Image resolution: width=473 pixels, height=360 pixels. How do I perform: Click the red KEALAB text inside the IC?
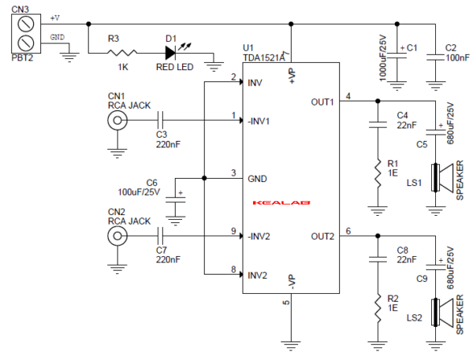tap(282, 202)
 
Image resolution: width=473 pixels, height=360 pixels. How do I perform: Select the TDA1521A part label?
tap(264, 58)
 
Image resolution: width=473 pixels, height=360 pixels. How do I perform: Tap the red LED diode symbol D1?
tap(171, 54)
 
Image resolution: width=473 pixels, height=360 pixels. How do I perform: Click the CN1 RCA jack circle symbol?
tap(117, 121)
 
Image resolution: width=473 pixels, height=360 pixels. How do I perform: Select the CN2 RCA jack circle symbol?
tap(117, 236)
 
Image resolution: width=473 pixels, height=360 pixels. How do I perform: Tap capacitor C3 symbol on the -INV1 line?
tap(162, 121)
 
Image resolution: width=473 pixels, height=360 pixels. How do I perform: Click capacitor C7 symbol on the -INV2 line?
tap(162, 236)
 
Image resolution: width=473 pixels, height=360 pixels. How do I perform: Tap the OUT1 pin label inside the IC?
tap(322, 102)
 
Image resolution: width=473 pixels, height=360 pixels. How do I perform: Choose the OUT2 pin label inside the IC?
tap(322, 236)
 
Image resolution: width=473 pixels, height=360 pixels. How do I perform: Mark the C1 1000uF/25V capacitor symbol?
tap(398, 56)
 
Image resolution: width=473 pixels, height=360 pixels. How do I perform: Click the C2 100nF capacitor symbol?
tap(435, 56)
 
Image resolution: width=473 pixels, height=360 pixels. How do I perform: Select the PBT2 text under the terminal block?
tap(23, 57)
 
